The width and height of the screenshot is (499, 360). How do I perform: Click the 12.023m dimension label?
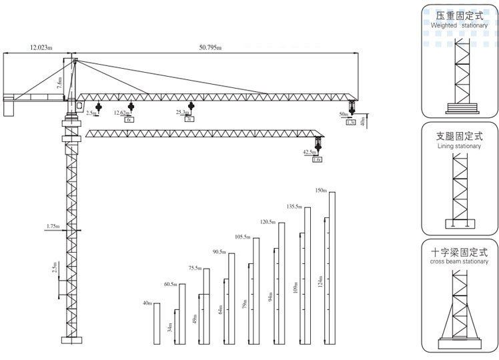(41, 47)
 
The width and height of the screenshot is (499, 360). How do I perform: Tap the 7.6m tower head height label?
(59, 83)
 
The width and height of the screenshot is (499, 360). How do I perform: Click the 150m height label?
(321, 191)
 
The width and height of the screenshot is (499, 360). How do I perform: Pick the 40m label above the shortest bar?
(147, 303)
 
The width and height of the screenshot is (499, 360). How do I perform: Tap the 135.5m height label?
(295, 206)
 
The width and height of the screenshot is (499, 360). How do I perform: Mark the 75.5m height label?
(195, 268)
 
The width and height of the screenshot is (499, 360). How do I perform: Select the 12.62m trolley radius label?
(121, 113)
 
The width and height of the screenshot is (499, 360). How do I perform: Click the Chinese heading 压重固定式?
(459, 15)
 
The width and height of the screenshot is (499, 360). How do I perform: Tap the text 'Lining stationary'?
(459, 146)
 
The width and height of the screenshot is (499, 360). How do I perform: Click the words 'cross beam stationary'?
(459, 262)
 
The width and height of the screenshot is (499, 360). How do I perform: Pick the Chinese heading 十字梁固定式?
(459, 253)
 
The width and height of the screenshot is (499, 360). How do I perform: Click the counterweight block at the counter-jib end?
(9, 107)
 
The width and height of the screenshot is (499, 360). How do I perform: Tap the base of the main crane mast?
(70, 339)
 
